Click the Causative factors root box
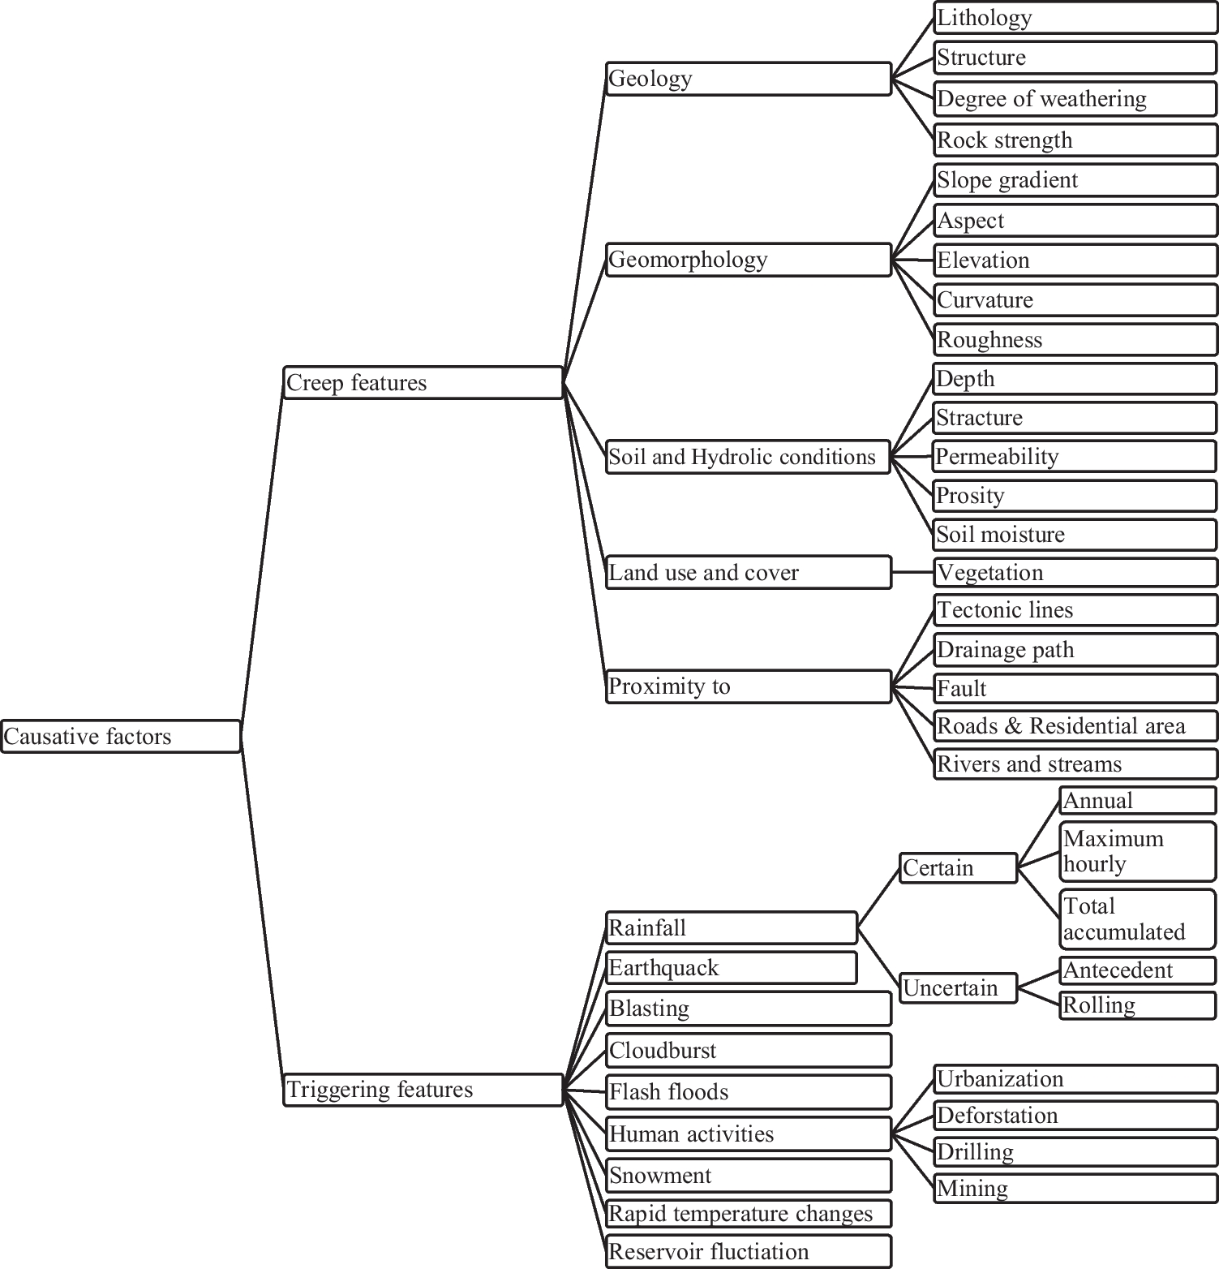pyautogui.click(x=121, y=736)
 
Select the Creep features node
pyautogui.click(x=423, y=382)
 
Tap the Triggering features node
pyautogui.click(x=423, y=1090)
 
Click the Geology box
pyautogui.click(x=748, y=79)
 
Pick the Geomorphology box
pyautogui.click(x=748, y=260)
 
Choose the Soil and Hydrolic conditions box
pyautogui.click(x=748, y=457)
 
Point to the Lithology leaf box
pyautogui.click(x=1075, y=18)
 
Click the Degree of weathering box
pyautogui.click(x=1075, y=99)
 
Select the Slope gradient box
pyautogui.click(x=1075, y=180)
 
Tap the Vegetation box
pyautogui.click(x=1075, y=572)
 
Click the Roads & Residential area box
pyautogui.click(x=1075, y=725)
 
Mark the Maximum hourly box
pyautogui.click(x=1138, y=851)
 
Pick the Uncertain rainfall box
pyautogui.click(x=958, y=988)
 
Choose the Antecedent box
pyautogui.click(x=1138, y=970)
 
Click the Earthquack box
pyautogui.click(x=731, y=968)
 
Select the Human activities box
pyautogui.click(x=748, y=1133)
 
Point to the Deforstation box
pyautogui.click(x=1075, y=1115)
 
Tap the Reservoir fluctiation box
pyautogui.click(x=748, y=1251)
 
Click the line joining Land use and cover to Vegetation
pyautogui.click(x=912, y=572)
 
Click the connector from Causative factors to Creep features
pyautogui.click(x=262, y=560)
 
